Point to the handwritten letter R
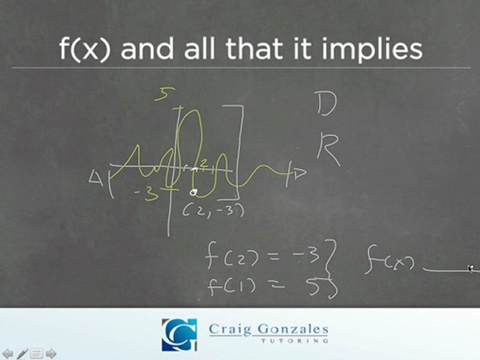point(328,149)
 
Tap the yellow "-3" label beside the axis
point(147,193)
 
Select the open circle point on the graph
point(194,191)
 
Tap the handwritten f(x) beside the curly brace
point(388,263)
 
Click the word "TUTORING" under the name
point(295,340)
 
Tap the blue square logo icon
point(179,334)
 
